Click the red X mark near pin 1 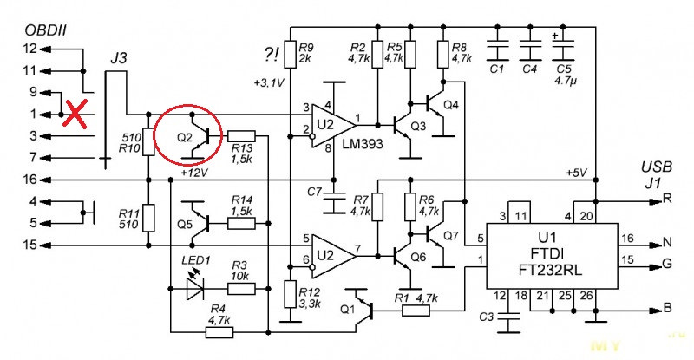[x=75, y=114]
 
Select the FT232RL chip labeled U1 [x=552, y=256]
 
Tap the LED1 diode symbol [x=194, y=288]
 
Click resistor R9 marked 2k [x=290, y=55]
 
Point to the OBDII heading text [x=46, y=30]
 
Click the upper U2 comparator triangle [x=333, y=126]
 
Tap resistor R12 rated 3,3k [x=290, y=294]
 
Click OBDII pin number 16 [x=30, y=180]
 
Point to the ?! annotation [x=271, y=55]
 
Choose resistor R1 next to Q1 [x=416, y=311]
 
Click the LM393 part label [x=363, y=143]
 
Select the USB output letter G [x=667, y=265]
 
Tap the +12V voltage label [x=193, y=173]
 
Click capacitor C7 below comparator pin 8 [x=334, y=202]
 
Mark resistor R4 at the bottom [x=219, y=332]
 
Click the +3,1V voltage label [x=269, y=82]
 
